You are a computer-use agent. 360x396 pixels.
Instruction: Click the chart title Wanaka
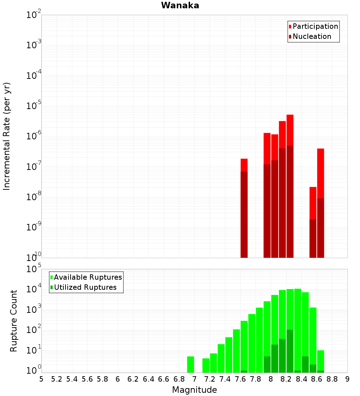coord(180,5)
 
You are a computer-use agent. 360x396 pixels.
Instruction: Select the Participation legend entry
coord(315,26)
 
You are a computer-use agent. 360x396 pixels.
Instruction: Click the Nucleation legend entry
coord(311,36)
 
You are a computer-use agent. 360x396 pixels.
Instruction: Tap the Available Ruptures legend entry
coord(87,277)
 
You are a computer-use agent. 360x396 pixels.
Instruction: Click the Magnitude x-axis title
coord(194,390)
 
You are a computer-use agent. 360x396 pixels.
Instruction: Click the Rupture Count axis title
coord(14,320)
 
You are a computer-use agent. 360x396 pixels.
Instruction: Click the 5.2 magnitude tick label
coord(57,379)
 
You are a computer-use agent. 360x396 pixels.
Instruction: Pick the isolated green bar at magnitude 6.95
coord(190,364)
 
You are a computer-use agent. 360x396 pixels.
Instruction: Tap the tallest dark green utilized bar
coord(290,351)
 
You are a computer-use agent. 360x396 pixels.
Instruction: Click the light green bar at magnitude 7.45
coord(229,355)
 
